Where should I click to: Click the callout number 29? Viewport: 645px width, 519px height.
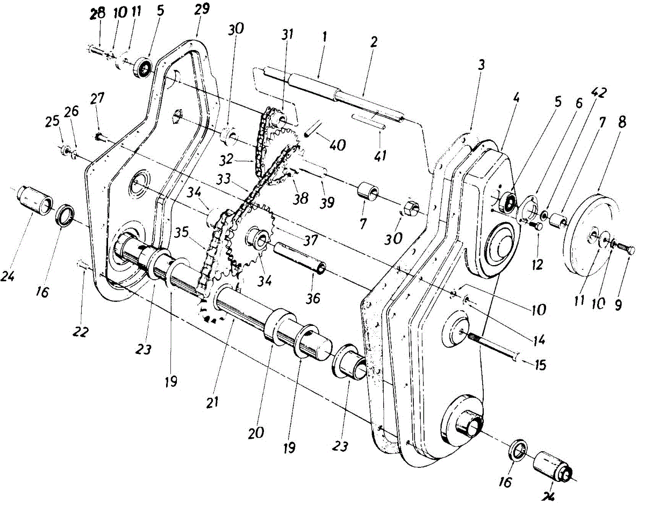click(x=203, y=9)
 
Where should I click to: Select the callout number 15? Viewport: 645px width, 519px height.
click(x=539, y=365)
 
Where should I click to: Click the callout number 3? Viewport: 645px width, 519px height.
click(x=481, y=65)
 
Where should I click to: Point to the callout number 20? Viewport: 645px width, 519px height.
click(x=256, y=432)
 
